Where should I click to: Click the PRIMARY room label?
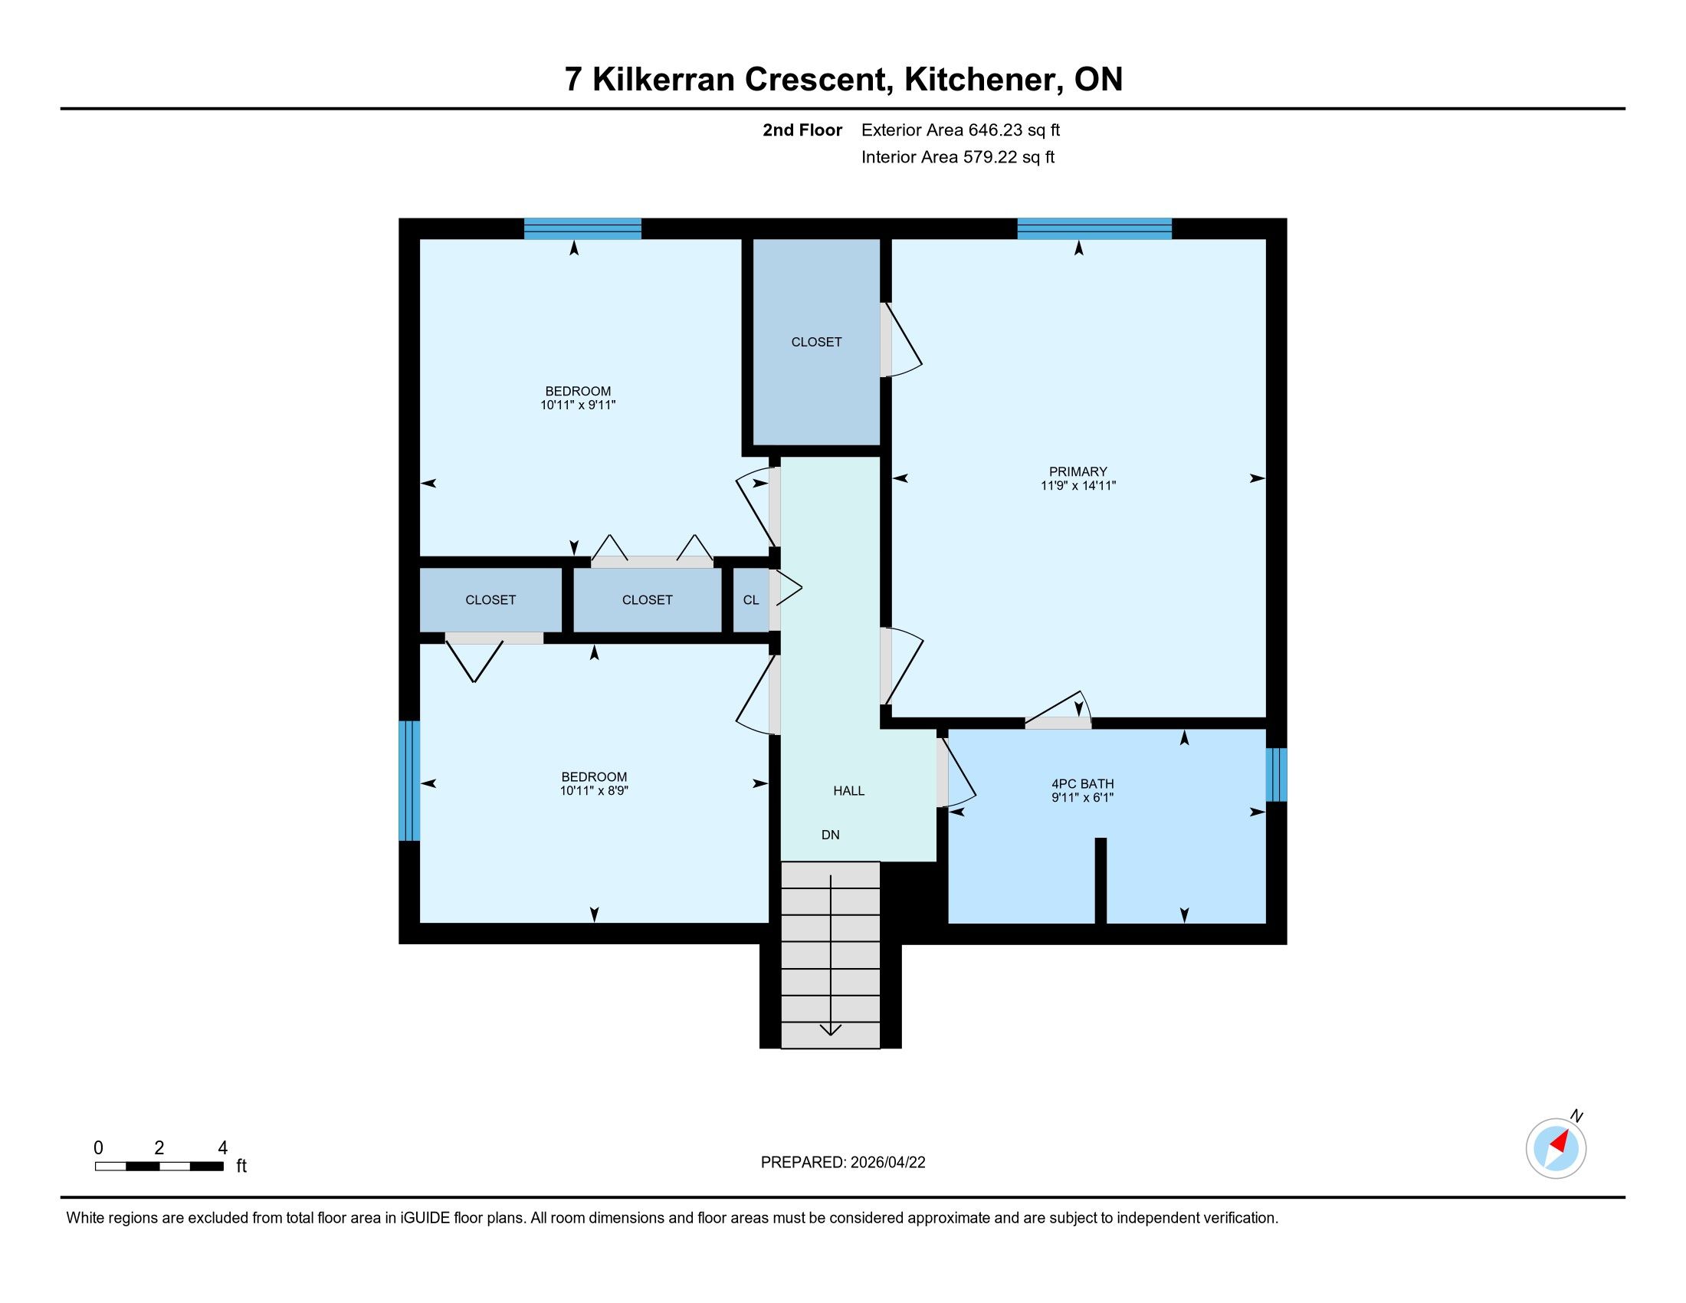coord(1078,471)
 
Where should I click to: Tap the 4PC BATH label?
coord(1082,783)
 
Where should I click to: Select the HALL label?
coord(848,790)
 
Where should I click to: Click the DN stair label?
coord(830,835)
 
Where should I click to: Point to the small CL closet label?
coord(750,600)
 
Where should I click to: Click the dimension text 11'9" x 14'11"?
coord(1078,485)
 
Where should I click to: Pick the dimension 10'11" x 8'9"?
coord(594,790)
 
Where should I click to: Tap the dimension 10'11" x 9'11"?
coord(577,405)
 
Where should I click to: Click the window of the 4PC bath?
coord(1277,774)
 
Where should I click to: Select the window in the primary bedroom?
coord(1094,228)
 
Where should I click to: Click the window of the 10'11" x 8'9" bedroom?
coord(409,780)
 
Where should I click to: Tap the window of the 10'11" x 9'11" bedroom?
coord(582,228)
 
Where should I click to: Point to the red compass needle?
coord(1563,1141)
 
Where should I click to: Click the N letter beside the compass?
coord(1577,1116)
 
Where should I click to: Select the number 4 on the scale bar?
coord(222,1148)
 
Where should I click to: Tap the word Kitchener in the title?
coord(980,80)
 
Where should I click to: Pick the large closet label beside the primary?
coord(816,342)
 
